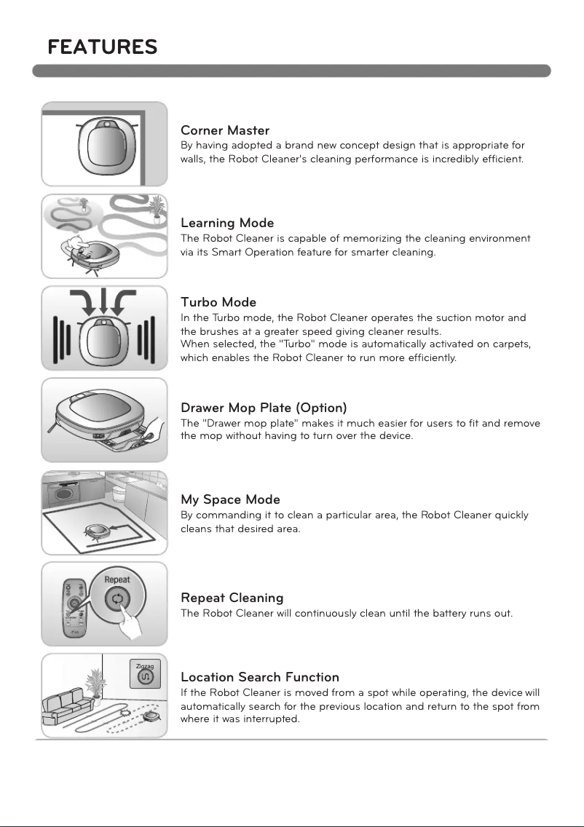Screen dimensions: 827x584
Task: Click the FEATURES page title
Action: coord(103,47)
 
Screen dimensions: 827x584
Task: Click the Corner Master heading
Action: coord(224,131)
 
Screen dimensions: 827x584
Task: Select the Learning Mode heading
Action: coord(226,223)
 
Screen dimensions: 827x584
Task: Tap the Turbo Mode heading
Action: coord(218,302)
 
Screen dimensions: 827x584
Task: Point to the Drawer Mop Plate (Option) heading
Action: coord(263,408)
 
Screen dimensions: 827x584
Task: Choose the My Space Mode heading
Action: coord(229,500)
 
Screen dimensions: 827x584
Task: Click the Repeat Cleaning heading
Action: coord(232,598)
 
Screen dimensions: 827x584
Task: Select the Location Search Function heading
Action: coord(259,678)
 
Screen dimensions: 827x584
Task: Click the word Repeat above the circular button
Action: coord(117,580)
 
